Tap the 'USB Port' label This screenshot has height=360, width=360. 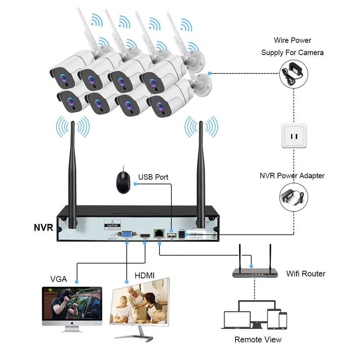[x=153, y=177]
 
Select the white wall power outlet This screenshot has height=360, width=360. [x=294, y=135]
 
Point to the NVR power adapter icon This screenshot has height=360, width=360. [x=294, y=197]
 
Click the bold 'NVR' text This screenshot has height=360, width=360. [x=44, y=228]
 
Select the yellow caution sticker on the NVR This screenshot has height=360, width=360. [x=112, y=224]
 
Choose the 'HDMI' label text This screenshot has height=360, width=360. [x=144, y=276]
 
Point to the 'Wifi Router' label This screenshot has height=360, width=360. [x=306, y=274]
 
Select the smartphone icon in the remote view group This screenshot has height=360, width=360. [x=283, y=320]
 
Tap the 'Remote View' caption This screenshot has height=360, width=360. [x=258, y=339]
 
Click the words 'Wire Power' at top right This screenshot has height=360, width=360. [x=292, y=40]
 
